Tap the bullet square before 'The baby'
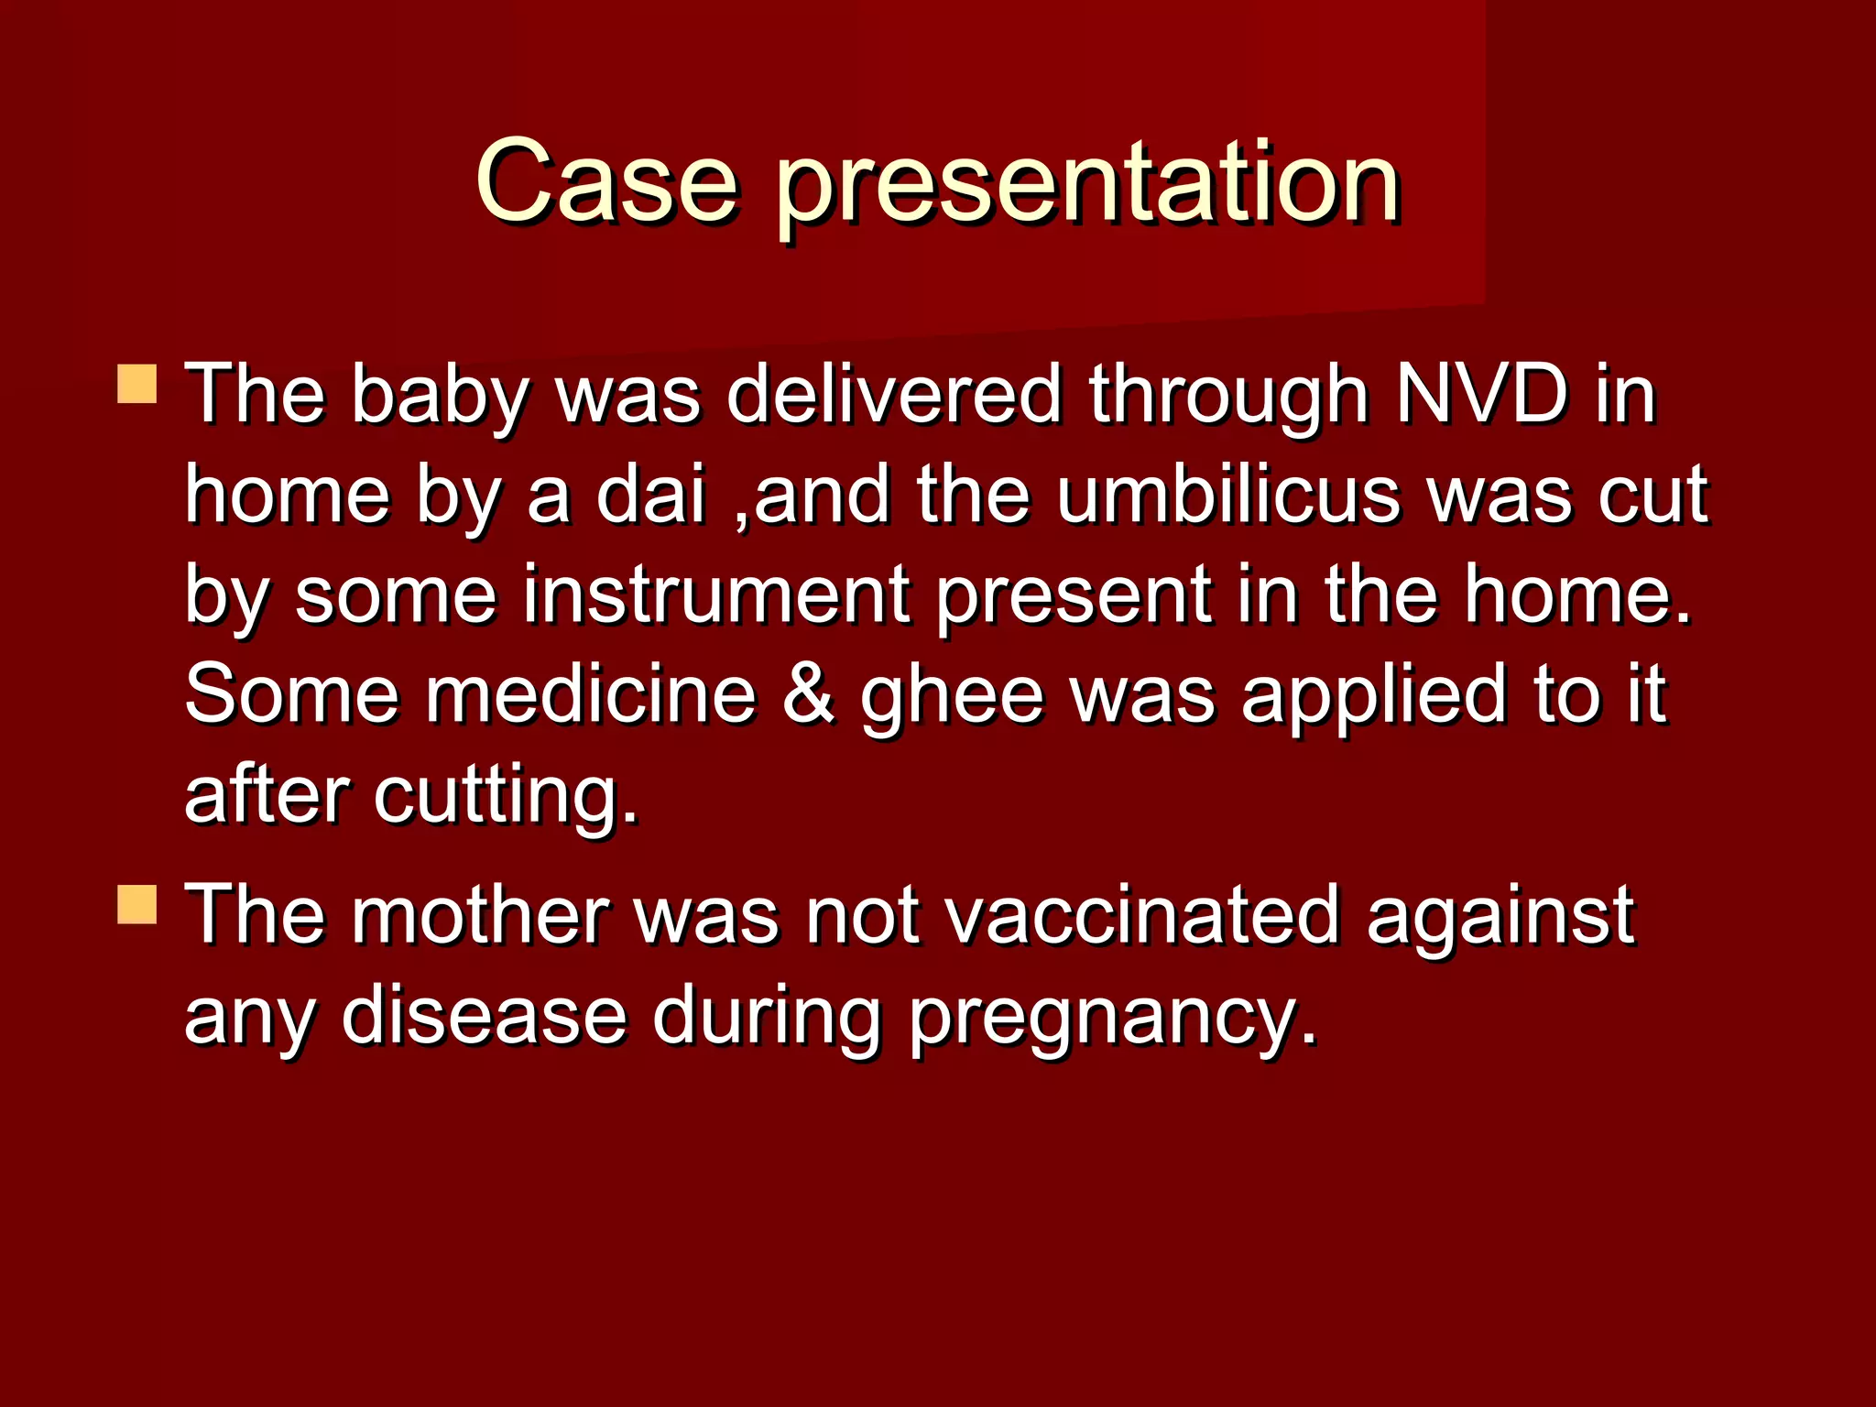coord(137,384)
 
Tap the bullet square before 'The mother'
coord(137,904)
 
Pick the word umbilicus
coord(1228,495)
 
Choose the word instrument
coord(716,595)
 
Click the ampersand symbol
coord(809,694)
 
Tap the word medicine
coord(591,694)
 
